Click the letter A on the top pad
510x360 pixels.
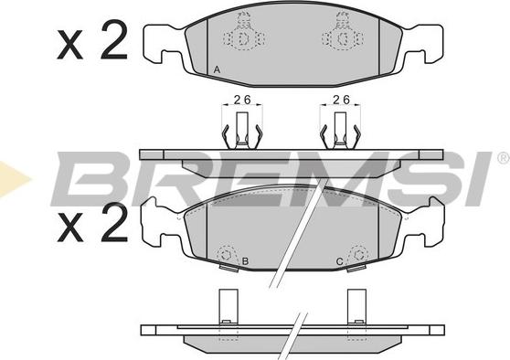[217, 69]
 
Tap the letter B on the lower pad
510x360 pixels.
[246, 261]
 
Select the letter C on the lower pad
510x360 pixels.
[339, 261]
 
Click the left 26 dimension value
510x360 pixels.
[242, 100]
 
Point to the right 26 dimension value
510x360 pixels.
[341, 100]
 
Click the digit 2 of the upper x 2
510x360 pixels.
[114, 39]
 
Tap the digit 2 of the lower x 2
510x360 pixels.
[114, 222]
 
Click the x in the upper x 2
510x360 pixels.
[70, 45]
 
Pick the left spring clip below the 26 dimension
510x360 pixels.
[241, 131]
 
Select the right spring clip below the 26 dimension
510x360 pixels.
[340, 131]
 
